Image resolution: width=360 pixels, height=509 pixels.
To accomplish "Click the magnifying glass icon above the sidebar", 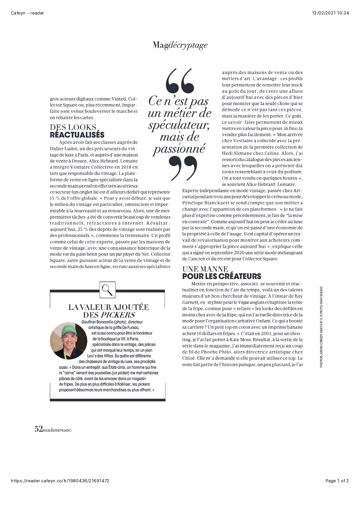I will (x=108, y=289).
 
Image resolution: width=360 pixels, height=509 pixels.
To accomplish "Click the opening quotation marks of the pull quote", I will (x=180, y=80).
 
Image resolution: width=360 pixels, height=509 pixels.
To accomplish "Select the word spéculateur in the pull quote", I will (x=179, y=125).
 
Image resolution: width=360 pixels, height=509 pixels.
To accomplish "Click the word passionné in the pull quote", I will (x=179, y=149).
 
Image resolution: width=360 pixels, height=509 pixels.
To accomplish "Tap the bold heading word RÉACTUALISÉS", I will (x=77, y=135).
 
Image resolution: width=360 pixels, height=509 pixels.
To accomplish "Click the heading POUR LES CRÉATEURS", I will (x=222, y=276).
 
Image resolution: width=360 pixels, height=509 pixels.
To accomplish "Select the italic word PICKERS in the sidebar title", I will (x=118, y=315).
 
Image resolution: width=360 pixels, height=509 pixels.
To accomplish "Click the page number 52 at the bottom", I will (x=39, y=429).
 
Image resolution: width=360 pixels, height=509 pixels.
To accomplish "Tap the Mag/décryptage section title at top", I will (x=180, y=45).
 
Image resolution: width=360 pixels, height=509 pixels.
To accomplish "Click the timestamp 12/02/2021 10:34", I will (x=330, y=13).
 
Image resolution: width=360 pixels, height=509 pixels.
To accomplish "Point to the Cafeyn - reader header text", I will (x=27, y=13).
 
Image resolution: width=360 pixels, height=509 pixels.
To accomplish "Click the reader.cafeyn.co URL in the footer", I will (x=60, y=481).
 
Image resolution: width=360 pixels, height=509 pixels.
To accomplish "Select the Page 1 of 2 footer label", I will (x=337, y=481).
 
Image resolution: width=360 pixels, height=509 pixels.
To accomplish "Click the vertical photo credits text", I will (x=321, y=327).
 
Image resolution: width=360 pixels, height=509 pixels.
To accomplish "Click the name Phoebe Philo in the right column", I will (x=212, y=352).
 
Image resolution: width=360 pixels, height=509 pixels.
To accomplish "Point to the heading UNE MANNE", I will (x=205, y=269).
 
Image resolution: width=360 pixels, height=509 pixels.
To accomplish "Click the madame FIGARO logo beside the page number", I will (x=57, y=430).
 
